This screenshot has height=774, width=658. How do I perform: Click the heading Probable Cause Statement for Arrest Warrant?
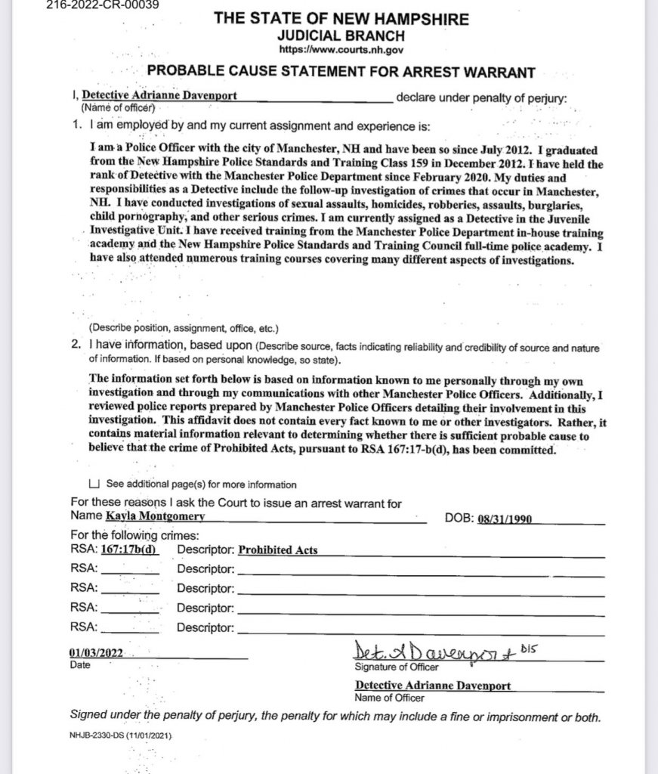click(341, 73)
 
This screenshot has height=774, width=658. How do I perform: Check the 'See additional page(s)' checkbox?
click(94, 485)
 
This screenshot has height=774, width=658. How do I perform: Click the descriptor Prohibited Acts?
click(277, 550)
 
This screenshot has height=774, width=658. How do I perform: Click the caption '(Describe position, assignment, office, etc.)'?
click(184, 329)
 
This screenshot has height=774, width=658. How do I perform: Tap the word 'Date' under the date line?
click(79, 666)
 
